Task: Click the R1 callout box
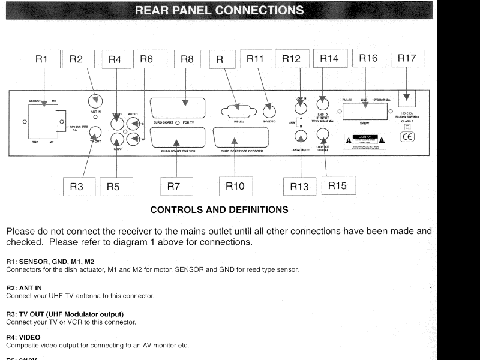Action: click(41, 59)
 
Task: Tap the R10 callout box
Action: click(235, 187)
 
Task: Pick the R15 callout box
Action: click(337, 185)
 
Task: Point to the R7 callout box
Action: click(173, 187)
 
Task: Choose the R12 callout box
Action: click(291, 59)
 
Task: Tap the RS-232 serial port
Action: click(236, 110)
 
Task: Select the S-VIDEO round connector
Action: click(269, 110)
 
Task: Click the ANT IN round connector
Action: click(95, 103)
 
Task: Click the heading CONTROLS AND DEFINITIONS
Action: click(219, 210)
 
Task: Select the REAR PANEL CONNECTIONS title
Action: click(219, 10)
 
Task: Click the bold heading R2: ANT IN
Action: click(24, 289)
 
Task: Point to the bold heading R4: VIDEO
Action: click(23, 337)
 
